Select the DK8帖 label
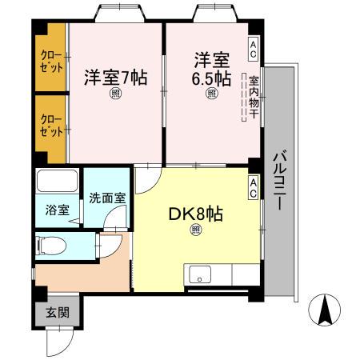coord(195,214)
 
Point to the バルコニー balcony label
coord(279,179)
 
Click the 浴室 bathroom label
coord(57,210)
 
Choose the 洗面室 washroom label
coord(106,198)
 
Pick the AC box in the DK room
coord(253,189)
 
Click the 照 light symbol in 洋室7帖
coord(116,94)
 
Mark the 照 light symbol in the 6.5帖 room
coord(212,94)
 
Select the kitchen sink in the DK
coord(198,273)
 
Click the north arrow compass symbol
coord(326,310)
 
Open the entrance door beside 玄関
coord(57,340)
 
